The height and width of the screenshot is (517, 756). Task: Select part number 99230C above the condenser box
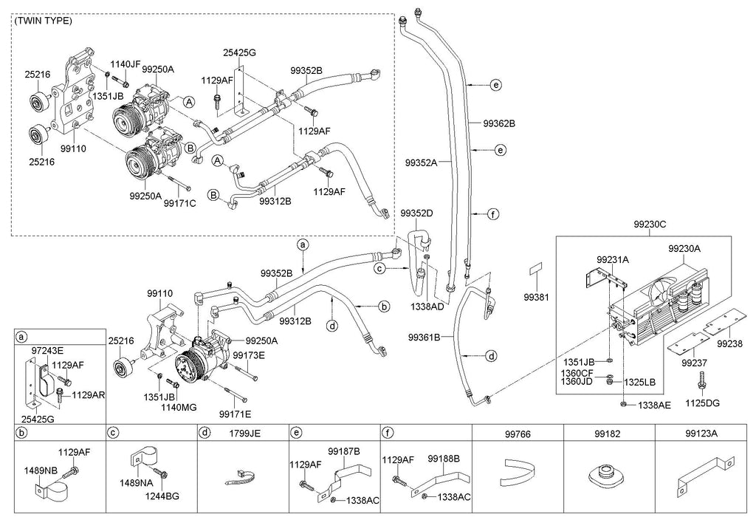[x=649, y=222]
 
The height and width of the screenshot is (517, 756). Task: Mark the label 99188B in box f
[x=445, y=458]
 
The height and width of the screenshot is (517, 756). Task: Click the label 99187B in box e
[x=344, y=451]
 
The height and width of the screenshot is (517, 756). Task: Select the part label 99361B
[x=424, y=338]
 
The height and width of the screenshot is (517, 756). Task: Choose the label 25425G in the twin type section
[x=239, y=52]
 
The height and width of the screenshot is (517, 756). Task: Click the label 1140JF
[x=126, y=64]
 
